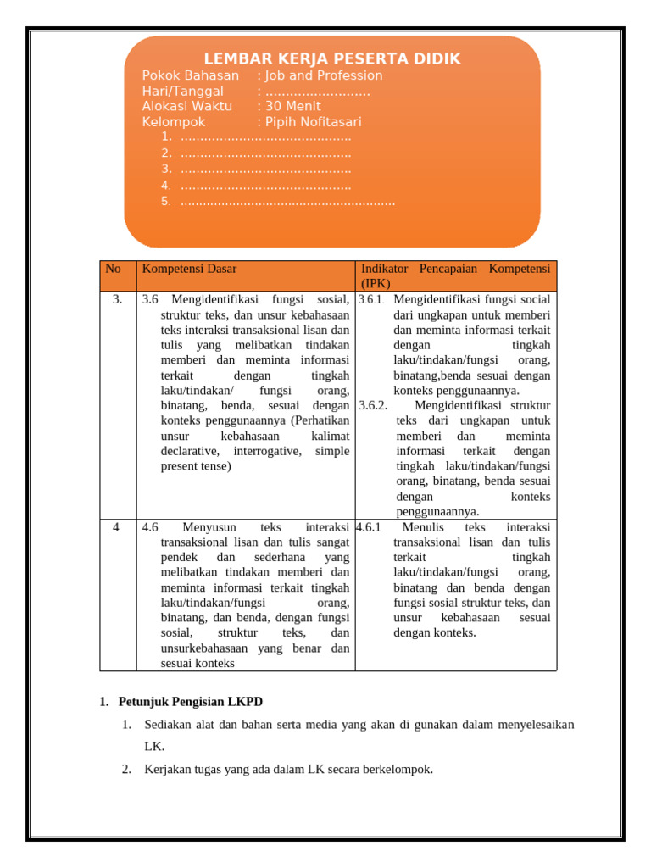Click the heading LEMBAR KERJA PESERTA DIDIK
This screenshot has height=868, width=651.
click(332, 58)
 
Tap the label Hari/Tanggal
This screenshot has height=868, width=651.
click(183, 92)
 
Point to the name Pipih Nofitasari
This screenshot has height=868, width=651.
click(314, 122)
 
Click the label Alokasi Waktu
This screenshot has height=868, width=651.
click(187, 107)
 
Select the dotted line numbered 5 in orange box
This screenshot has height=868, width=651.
click(287, 202)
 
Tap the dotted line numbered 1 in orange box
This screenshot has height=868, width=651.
click(265, 137)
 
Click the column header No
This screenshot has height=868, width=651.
click(113, 269)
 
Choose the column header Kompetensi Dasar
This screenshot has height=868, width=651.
click(189, 269)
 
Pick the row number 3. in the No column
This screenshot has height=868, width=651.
click(118, 299)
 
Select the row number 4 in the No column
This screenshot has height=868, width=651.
click(117, 526)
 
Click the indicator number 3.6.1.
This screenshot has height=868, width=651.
click(371, 300)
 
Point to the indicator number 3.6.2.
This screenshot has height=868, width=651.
click(373, 405)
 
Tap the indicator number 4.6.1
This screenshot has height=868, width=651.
click(369, 526)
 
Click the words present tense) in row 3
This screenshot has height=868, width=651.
click(196, 466)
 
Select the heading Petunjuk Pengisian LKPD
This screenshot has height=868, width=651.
click(191, 702)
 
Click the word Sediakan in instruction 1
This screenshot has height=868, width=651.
click(168, 725)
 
